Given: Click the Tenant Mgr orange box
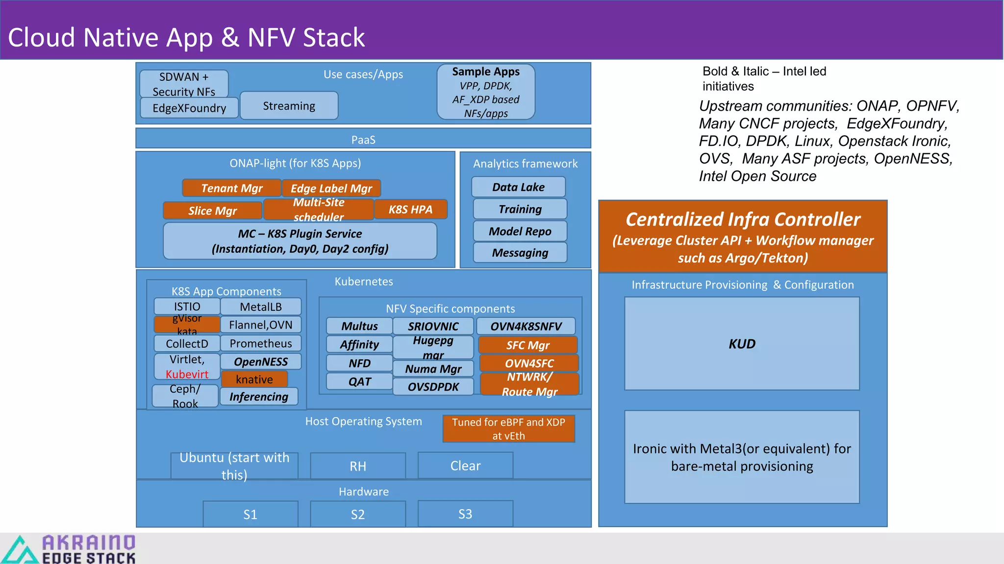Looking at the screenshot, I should coord(231,188).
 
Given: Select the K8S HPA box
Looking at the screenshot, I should coord(410,210).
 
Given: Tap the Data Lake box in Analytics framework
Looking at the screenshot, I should coord(518,187).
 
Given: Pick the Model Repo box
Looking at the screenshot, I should coord(520,231).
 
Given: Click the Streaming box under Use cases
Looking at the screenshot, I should coord(289,106).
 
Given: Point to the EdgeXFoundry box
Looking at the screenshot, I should coord(189,108).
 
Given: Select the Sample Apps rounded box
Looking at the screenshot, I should coord(485,92).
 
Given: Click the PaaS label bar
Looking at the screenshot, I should coord(363,139).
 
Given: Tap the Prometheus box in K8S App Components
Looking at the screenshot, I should coord(260,343).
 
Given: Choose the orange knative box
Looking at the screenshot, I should coord(254,379).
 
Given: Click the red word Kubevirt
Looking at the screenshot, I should coord(187,374).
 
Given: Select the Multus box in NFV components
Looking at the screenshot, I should coord(359,326).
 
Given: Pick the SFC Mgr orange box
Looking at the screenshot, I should coord(527,345).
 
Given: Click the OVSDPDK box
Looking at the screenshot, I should coord(433,387).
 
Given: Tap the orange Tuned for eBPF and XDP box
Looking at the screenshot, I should coord(508,429).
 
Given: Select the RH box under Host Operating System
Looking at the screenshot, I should coord(357,466).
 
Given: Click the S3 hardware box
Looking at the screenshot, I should coord(465,514).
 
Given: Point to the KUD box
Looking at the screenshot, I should coord(741,344).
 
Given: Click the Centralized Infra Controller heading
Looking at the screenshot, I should coord(742,219).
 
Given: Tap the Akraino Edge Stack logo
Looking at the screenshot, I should coord(69,549).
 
